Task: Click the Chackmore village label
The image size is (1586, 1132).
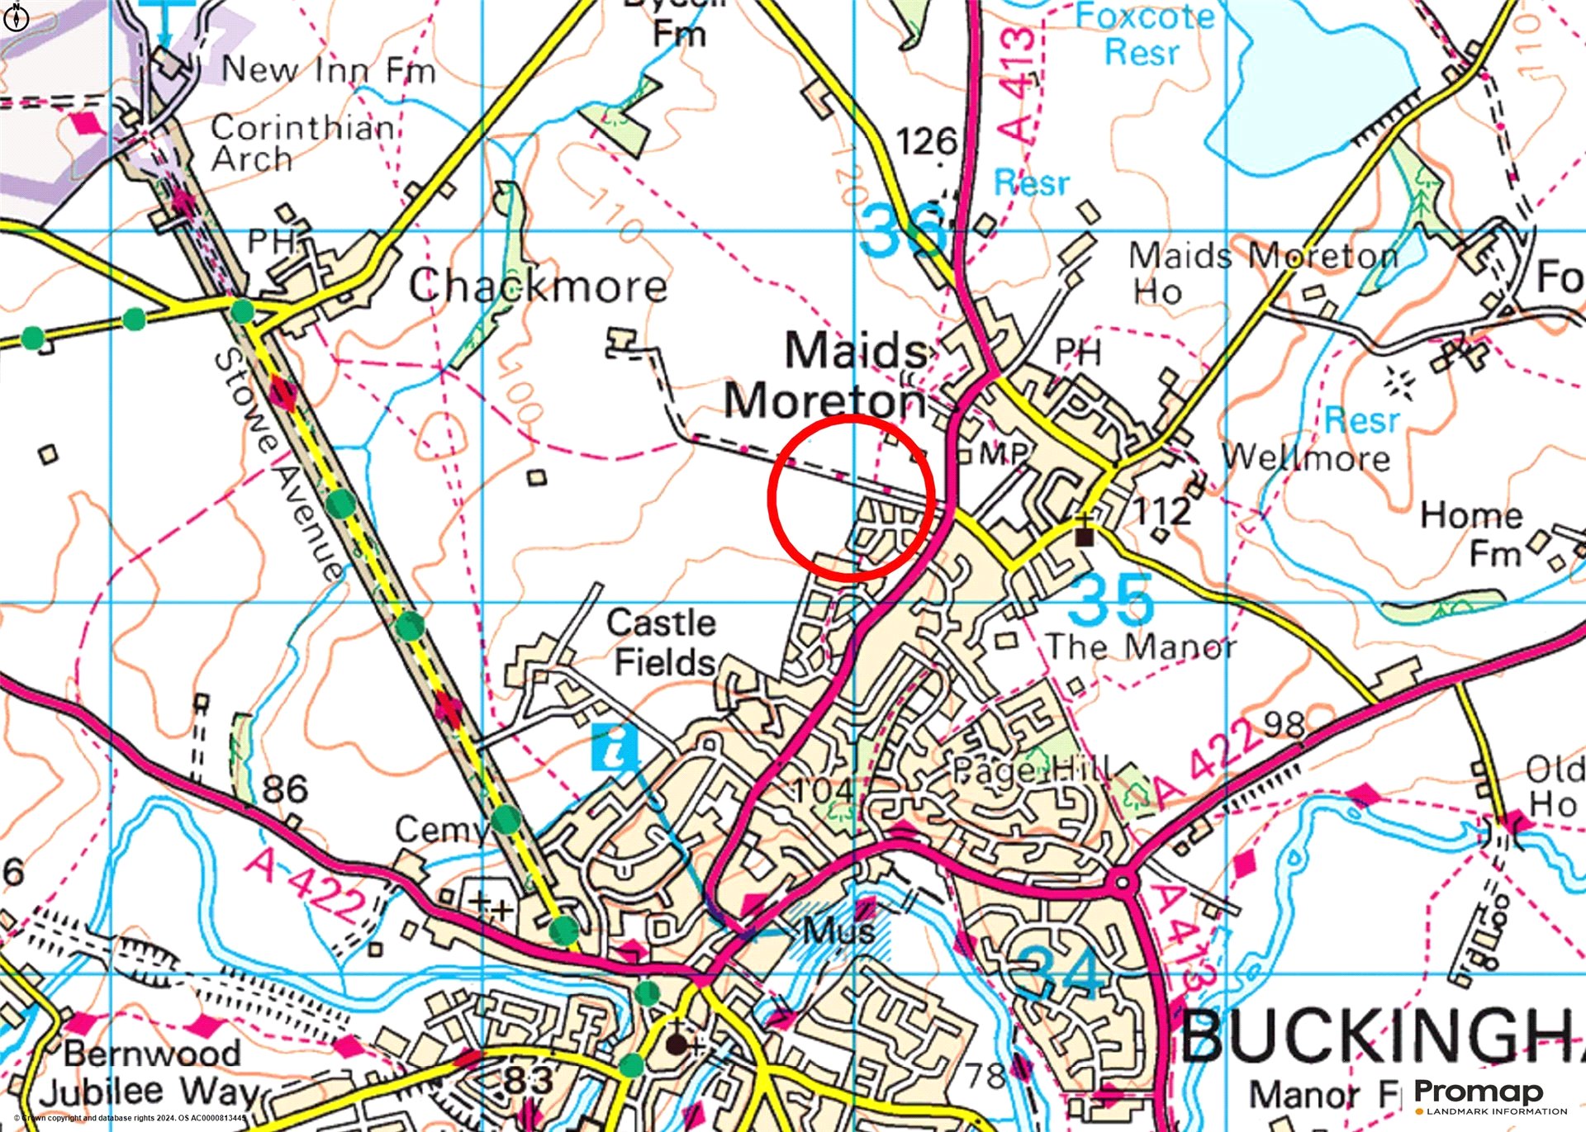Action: point(538,287)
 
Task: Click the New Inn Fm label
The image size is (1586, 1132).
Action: point(328,70)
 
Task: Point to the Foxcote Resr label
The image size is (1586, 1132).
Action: point(1144,34)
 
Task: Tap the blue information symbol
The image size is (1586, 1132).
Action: point(615,747)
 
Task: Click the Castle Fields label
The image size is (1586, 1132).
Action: point(662,643)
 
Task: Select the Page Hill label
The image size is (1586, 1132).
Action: point(1029,771)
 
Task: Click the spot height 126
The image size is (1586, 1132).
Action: point(926,142)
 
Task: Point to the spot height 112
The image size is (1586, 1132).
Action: point(1162,512)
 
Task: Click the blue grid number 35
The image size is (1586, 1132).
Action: point(1110,600)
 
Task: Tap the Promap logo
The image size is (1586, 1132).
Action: point(1479,1094)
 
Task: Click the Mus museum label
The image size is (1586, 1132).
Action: point(838,931)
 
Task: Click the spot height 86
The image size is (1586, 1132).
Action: point(285,789)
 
